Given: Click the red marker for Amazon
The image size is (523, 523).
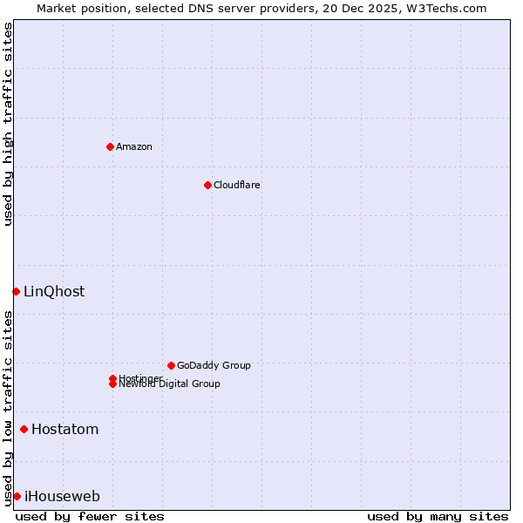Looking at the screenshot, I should [x=110, y=146].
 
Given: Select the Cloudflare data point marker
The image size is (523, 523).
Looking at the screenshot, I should [x=207, y=185].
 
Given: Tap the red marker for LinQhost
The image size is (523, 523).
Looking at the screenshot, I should [x=16, y=291].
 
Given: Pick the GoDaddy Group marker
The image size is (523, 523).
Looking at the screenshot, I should [x=171, y=365].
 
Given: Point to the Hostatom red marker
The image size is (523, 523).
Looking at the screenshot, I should [x=24, y=429].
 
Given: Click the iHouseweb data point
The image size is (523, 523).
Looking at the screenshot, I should [x=17, y=496].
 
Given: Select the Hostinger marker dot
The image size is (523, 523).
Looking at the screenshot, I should [x=112, y=378].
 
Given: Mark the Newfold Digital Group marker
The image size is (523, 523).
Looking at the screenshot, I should [x=112, y=384].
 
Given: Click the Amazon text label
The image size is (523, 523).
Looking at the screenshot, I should [x=134, y=146].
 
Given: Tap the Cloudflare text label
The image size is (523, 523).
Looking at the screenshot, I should [x=237, y=185].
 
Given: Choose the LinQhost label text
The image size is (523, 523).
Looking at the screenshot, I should [x=54, y=291].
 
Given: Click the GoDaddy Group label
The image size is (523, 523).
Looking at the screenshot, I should [x=214, y=365].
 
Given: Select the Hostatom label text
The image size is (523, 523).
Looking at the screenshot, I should [x=65, y=429].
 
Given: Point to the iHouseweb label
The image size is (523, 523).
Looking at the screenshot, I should [x=62, y=497].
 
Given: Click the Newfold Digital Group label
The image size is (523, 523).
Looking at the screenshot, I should [x=170, y=384].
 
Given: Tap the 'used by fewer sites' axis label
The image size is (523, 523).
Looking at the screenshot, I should [x=90, y=516].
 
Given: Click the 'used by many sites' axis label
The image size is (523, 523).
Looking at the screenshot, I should [x=438, y=516].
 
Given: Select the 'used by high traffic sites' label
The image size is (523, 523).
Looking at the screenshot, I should [x=8, y=124].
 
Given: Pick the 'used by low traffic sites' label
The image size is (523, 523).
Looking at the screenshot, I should [x=8, y=408].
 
